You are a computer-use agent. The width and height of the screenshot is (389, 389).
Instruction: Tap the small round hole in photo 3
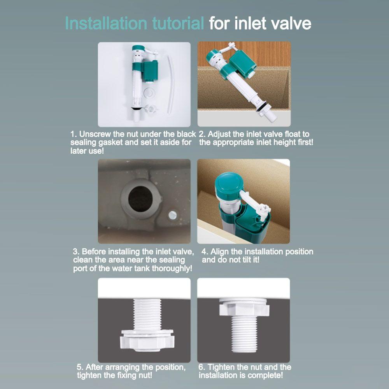pyautogui.click(x=173, y=214)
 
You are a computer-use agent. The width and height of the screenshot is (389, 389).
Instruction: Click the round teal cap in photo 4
pyautogui.click(x=229, y=183)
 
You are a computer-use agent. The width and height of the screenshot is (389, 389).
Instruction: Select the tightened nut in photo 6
pyautogui.click(x=244, y=307)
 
